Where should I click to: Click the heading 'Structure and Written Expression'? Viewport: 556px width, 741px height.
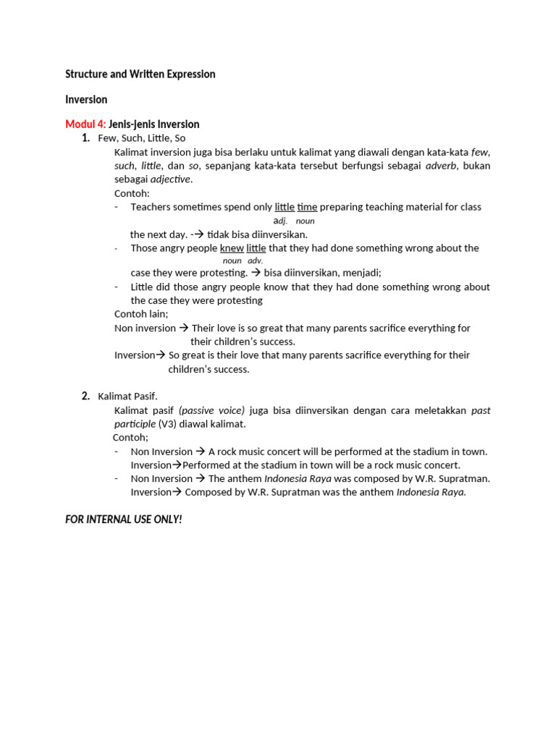(140, 74)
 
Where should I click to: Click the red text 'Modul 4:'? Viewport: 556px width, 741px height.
(85, 124)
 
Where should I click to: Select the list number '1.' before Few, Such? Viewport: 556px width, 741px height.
(85, 138)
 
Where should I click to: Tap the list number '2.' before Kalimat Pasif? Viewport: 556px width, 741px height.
(85, 396)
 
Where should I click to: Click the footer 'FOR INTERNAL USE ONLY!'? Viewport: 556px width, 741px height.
(123, 520)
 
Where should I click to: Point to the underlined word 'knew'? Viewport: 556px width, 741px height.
(232, 248)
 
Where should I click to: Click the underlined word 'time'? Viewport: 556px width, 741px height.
(307, 207)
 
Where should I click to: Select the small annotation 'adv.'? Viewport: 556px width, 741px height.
(255, 261)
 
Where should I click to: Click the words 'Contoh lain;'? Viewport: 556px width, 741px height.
(141, 314)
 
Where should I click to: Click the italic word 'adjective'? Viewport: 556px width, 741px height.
(170, 179)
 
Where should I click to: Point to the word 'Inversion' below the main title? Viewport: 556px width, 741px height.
(86, 99)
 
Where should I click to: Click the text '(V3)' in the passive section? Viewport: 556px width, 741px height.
(171, 424)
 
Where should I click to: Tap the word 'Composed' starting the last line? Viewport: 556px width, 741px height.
(206, 492)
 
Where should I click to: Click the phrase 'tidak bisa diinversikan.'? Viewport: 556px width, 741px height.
(257, 234)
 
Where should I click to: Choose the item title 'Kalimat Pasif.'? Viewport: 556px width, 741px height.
(127, 396)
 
